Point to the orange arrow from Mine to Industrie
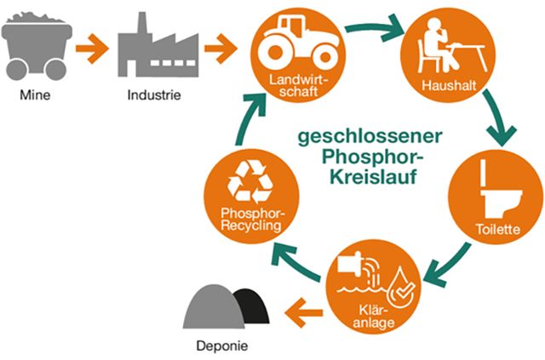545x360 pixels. point(95,50)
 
